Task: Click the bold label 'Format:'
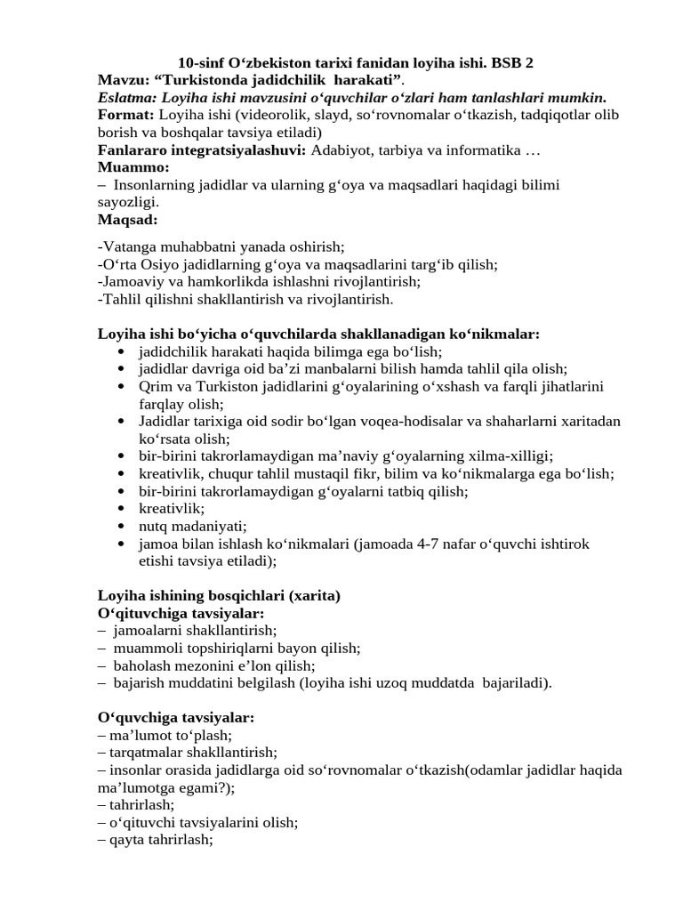[125, 116]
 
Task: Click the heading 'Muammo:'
[133, 167]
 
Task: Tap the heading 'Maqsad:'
[127, 220]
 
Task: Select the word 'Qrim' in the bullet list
[154, 386]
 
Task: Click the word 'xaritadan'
[589, 421]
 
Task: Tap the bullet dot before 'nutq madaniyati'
[121, 526]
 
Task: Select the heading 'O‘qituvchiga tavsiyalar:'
[181, 614]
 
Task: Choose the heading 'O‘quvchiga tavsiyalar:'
[176, 717]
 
